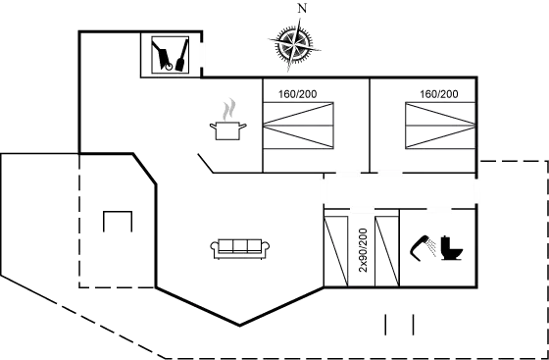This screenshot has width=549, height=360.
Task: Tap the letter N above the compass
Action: (301, 9)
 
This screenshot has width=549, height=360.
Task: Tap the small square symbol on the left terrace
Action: (118, 220)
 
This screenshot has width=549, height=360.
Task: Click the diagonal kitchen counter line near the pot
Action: (208, 162)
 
